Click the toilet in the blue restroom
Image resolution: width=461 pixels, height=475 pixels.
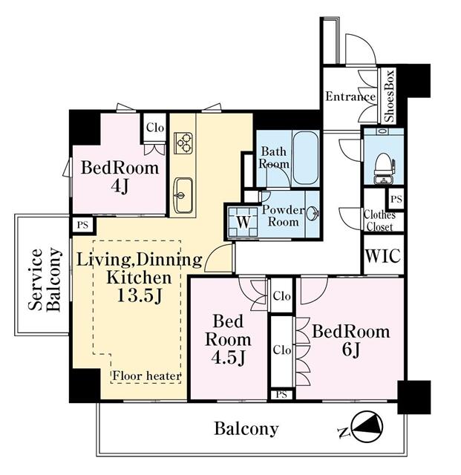tap(384, 168)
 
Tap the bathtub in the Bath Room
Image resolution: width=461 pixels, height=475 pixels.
tap(306, 157)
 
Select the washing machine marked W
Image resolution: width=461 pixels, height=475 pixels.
tap(243, 222)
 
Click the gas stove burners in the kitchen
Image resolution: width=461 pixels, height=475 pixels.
tap(183, 142)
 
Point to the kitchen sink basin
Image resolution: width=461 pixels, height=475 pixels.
tap(183, 195)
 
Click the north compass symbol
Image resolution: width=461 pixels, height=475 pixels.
tap(367, 427)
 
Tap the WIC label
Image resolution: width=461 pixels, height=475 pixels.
tap(383, 255)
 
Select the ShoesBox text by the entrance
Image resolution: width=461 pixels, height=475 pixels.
tap(389, 96)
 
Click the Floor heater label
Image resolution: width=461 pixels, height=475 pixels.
tap(147, 376)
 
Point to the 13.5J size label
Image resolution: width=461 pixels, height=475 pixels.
tap(140, 295)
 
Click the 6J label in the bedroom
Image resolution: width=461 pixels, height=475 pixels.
tap(350, 350)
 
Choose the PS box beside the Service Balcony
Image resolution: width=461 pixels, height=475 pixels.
tap(82, 225)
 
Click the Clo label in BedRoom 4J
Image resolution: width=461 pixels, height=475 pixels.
tap(155, 128)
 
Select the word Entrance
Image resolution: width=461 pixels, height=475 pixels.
tap(350, 96)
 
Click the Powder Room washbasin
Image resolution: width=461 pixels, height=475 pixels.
tap(313, 213)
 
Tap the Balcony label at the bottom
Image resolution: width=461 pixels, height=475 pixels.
tap(246, 428)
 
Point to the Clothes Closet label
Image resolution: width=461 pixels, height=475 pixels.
tap(379, 221)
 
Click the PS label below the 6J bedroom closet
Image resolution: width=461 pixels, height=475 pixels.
tap(281, 395)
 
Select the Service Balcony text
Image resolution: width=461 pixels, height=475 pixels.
tap(45, 279)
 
